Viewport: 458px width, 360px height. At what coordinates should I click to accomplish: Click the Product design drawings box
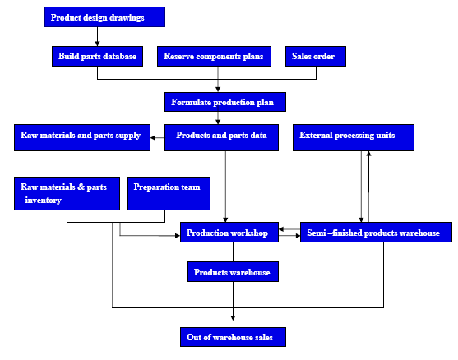104,17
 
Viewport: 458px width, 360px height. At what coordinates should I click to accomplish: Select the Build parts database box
97,56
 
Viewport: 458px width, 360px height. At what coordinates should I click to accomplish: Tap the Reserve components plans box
214,56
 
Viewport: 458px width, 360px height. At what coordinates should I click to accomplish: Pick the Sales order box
316,56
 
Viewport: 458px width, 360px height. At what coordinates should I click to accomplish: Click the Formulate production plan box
225,102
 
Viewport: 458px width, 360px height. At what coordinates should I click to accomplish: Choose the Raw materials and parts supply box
82,137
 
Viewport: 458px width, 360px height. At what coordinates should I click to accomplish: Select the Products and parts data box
221,137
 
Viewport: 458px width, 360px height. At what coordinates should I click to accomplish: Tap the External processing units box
354,137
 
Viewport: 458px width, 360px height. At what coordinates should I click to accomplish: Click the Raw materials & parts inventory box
67,193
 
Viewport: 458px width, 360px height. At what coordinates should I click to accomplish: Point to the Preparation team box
169,193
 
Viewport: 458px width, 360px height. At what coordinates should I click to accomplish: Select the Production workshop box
229,232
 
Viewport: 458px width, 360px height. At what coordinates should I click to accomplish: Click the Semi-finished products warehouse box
376,232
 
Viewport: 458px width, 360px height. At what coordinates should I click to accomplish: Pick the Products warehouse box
233,271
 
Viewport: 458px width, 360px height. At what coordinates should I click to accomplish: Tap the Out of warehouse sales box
233,337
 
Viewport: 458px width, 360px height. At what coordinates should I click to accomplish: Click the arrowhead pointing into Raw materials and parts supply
153,138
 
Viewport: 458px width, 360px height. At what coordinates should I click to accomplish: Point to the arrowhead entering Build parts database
97,44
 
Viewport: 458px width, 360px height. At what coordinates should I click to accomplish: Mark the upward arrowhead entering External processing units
368,153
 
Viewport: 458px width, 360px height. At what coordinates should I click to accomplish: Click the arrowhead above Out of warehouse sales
233,318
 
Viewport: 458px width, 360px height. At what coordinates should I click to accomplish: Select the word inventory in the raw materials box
44,200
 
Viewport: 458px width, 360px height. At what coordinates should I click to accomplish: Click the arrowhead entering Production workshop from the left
178,236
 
